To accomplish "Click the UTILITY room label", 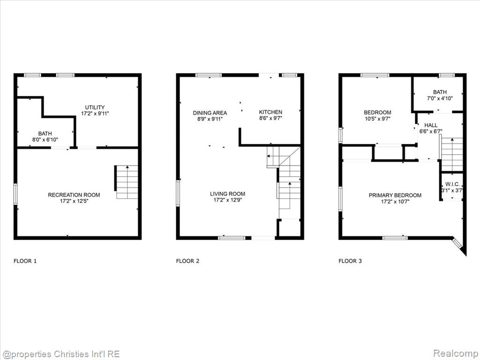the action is (95, 107).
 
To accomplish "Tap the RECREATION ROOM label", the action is (74, 195).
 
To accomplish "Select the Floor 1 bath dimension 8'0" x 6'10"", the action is (45, 140).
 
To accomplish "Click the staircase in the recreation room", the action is (127, 182).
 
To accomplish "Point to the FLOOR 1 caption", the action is (25, 261).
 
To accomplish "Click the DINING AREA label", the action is (210, 113).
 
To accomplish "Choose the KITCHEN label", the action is (270, 112).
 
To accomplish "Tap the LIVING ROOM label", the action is (227, 194).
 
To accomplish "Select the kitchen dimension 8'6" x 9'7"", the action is (270, 118).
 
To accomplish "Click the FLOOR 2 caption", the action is (187, 261).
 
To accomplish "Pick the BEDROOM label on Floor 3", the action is (377, 112).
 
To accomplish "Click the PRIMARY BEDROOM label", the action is (395, 195).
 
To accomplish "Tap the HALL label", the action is (431, 125).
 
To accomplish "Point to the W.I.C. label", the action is (452, 184).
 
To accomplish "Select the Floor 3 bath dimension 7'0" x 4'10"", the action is (440, 98).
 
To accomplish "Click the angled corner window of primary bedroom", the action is (457, 244).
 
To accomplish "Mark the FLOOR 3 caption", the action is (350, 261).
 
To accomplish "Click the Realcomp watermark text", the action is (456, 353).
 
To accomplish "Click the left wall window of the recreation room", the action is (15, 194).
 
